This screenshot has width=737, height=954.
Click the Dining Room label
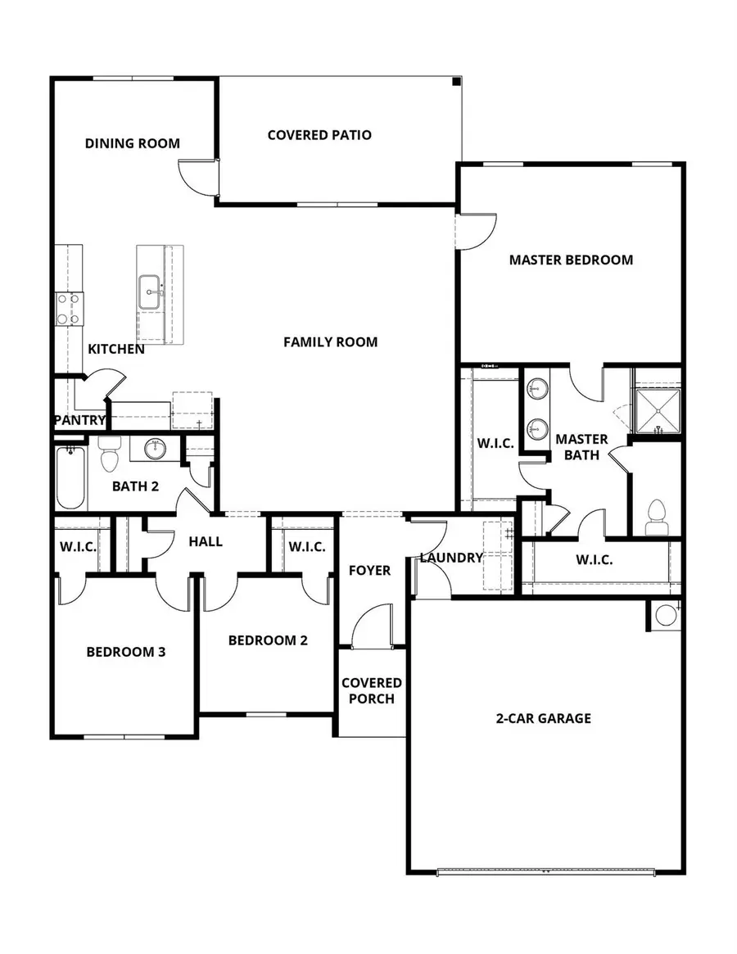[x=132, y=143]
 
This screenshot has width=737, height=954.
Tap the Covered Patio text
[x=319, y=134]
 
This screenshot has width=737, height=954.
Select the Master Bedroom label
[x=571, y=260]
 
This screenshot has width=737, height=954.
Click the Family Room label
[x=330, y=341]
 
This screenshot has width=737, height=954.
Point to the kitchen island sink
[x=150, y=292]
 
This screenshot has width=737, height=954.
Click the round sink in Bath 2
[x=155, y=449]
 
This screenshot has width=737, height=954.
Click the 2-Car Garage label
[x=543, y=718]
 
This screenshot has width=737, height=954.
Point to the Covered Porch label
[x=371, y=690]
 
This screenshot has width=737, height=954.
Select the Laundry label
[x=451, y=558]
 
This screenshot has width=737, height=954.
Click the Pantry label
[x=79, y=420]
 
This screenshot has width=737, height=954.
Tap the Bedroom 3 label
[x=126, y=652]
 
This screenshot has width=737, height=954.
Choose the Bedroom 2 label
[x=268, y=640]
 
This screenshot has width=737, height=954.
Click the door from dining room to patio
[x=197, y=175]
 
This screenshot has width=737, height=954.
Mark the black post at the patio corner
[x=456, y=81]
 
